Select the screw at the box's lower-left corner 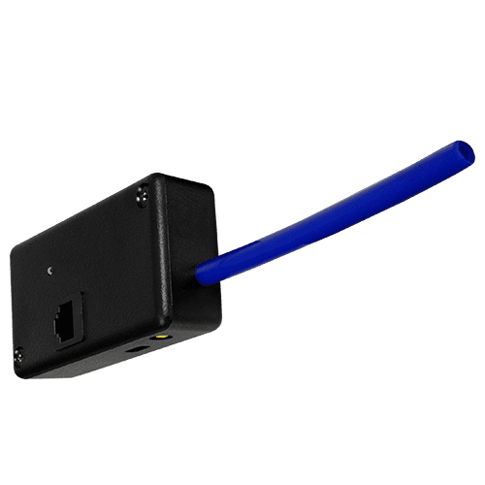17,357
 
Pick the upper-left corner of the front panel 13,244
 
